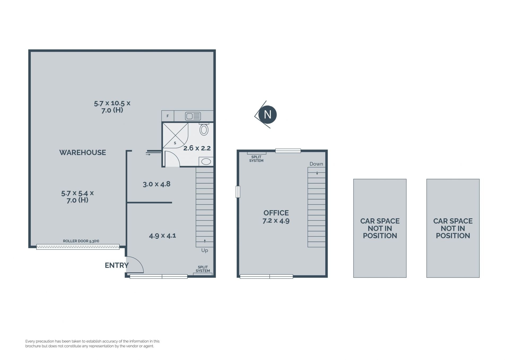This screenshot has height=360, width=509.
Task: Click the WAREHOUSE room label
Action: click(82, 153)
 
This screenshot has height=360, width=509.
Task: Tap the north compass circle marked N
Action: click(267, 115)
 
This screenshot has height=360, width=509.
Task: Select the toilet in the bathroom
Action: click(204, 129)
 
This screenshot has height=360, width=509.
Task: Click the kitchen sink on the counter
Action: click(193, 116)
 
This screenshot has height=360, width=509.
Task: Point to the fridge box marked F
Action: click(168, 116)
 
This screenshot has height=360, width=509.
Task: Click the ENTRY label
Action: click(117, 265)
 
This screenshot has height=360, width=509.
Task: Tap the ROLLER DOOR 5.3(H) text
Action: click(81, 241)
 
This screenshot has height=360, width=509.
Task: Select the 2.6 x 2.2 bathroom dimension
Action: click(197, 148)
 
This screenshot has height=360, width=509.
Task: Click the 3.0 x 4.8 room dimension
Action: click(156, 184)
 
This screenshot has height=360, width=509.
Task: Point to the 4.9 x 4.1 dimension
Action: click(163, 236)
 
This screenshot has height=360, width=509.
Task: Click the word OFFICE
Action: click(276, 213)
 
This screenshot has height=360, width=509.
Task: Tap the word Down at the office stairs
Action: click(316, 164)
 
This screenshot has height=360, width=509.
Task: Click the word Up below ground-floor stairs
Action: click(205, 250)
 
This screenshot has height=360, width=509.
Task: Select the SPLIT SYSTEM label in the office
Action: click(256, 159)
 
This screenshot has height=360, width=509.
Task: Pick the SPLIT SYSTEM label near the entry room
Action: click(203, 269)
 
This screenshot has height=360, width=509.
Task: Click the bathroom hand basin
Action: click(206, 161)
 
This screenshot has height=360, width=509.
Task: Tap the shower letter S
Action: click(175, 143)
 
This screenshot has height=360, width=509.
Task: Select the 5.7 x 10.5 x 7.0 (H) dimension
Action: click(112, 107)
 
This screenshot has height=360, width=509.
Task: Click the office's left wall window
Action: click(238, 192)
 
